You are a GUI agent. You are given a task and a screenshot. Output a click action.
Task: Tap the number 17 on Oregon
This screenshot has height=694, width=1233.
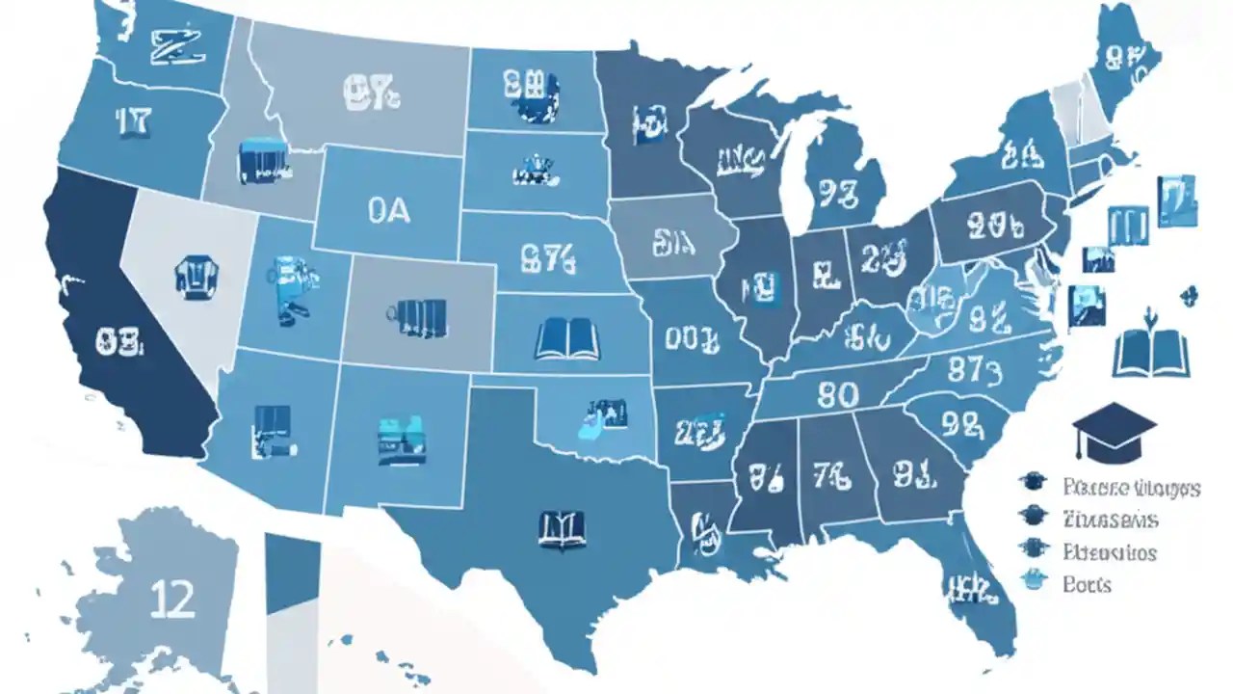(x=133, y=121)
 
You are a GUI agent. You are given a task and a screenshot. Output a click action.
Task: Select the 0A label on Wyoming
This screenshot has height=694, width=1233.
(x=388, y=211)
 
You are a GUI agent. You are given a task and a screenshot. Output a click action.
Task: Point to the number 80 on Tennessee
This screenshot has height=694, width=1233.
(x=837, y=394)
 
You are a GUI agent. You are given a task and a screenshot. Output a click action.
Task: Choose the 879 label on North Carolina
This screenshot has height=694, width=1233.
(x=976, y=368)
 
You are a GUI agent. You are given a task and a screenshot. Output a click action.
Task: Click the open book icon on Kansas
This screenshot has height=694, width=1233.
(x=567, y=339)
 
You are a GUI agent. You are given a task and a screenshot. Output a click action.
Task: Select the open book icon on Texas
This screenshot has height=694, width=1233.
(x=562, y=529)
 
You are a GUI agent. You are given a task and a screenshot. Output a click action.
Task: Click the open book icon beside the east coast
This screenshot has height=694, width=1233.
(x=1151, y=354)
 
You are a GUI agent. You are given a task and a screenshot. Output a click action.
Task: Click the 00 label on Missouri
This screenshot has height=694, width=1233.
(x=692, y=337)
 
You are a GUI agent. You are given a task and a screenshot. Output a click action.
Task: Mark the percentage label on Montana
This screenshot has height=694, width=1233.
(x=371, y=93)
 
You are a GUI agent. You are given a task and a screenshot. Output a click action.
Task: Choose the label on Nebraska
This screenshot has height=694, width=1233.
(x=546, y=257)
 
